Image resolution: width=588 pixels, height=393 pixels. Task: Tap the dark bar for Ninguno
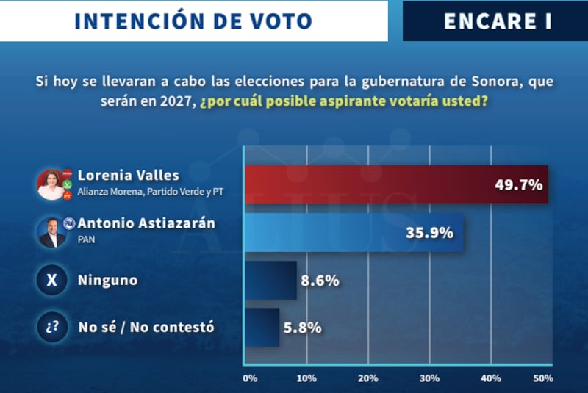pos(270,280)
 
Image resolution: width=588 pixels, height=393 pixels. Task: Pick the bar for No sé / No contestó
pos(261,327)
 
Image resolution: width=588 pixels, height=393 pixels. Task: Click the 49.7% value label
pos(517,185)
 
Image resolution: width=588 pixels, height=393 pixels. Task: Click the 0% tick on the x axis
pos(250,378)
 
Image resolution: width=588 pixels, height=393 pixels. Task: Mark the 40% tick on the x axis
pos(490,378)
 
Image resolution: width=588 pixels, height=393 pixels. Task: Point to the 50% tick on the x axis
pos(542,378)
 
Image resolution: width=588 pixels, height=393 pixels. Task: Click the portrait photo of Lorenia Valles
pos(51,184)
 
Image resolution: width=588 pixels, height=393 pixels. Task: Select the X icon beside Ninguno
pos(51,280)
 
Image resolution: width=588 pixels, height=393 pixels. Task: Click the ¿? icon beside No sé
pos(51,327)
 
